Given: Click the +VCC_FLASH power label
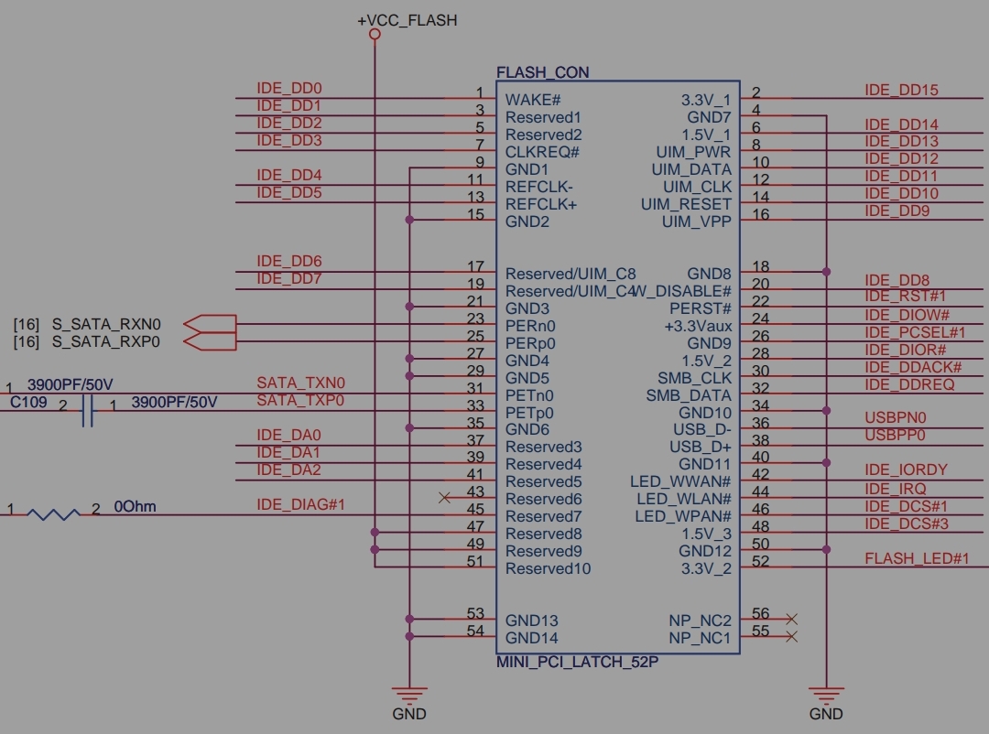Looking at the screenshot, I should (x=407, y=20).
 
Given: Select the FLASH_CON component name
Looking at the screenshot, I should (x=542, y=72).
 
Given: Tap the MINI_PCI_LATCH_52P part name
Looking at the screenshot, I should (x=577, y=662).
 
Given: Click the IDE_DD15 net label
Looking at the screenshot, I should (x=901, y=90).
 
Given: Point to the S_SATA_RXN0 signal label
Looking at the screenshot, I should (x=106, y=324).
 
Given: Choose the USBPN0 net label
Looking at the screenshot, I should (x=895, y=417).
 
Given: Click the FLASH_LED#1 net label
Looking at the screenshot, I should (x=916, y=557).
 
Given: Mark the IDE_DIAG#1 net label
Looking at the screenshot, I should (x=300, y=504).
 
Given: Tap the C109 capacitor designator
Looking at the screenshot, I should (x=28, y=402).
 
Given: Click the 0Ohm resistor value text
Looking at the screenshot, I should (x=136, y=506).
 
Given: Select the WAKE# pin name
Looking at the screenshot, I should (x=532, y=100).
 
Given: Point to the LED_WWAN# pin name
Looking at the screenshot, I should (x=680, y=481).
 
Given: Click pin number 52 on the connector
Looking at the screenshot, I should (x=759, y=561).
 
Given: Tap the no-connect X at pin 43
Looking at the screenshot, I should (x=445, y=498).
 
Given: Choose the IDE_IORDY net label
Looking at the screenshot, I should (x=906, y=470).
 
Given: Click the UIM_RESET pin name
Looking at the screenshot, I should (x=686, y=204).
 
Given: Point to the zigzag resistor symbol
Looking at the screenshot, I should (x=53, y=515).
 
